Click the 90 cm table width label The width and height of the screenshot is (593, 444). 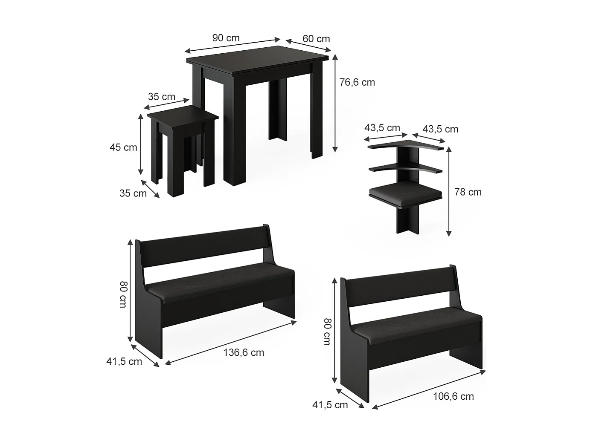[x=226, y=38]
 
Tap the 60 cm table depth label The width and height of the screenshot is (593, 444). [x=316, y=39]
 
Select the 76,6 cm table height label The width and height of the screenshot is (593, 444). [x=357, y=82]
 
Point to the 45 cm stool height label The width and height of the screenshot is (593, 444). [x=123, y=147]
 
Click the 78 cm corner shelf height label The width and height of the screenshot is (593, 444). [x=468, y=192]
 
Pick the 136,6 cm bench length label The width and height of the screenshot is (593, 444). [x=244, y=352]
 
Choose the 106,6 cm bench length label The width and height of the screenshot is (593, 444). [x=453, y=396]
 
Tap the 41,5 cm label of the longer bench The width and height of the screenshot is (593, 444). [x=124, y=362]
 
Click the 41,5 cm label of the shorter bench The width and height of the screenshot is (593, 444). [x=330, y=405]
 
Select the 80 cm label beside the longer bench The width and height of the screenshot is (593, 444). [x=123, y=294]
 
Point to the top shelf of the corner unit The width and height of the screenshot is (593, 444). [x=407, y=146]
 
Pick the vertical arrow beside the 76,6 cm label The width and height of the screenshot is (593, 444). [x=335, y=103]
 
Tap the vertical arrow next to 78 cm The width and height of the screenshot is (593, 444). [x=448, y=192]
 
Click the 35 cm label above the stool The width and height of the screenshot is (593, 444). [x=162, y=97]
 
